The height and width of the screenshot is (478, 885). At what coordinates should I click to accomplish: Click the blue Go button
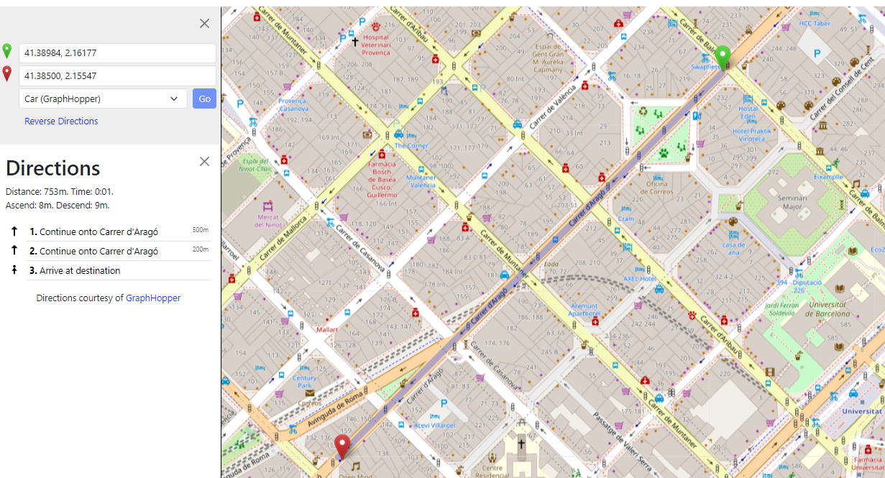pos(204,99)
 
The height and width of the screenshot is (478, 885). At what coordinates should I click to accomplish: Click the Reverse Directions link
pos(61,121)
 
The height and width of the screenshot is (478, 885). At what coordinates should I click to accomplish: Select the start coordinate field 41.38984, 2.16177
pos(117,53)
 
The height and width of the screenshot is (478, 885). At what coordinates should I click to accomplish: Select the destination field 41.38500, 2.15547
pos(117,75)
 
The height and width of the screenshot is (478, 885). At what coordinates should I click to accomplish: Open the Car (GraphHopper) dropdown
pos(103,99)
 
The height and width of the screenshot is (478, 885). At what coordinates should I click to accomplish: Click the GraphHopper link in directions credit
pos(153,298)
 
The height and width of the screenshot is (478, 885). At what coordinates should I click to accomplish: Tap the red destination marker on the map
pos(343,446)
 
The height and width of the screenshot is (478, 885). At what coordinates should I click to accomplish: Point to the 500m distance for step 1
pos(200,230)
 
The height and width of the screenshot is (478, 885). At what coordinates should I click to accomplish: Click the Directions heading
pos(53,168)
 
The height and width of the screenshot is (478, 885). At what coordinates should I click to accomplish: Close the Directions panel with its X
pos(205,161)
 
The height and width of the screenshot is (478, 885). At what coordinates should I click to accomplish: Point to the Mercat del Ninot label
pos(267,221)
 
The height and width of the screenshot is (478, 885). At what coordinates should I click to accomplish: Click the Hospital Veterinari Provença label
pos(375,45)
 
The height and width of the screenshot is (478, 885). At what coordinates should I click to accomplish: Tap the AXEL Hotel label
pos(639,278)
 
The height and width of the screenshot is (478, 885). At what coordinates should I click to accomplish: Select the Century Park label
pos(304,382)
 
